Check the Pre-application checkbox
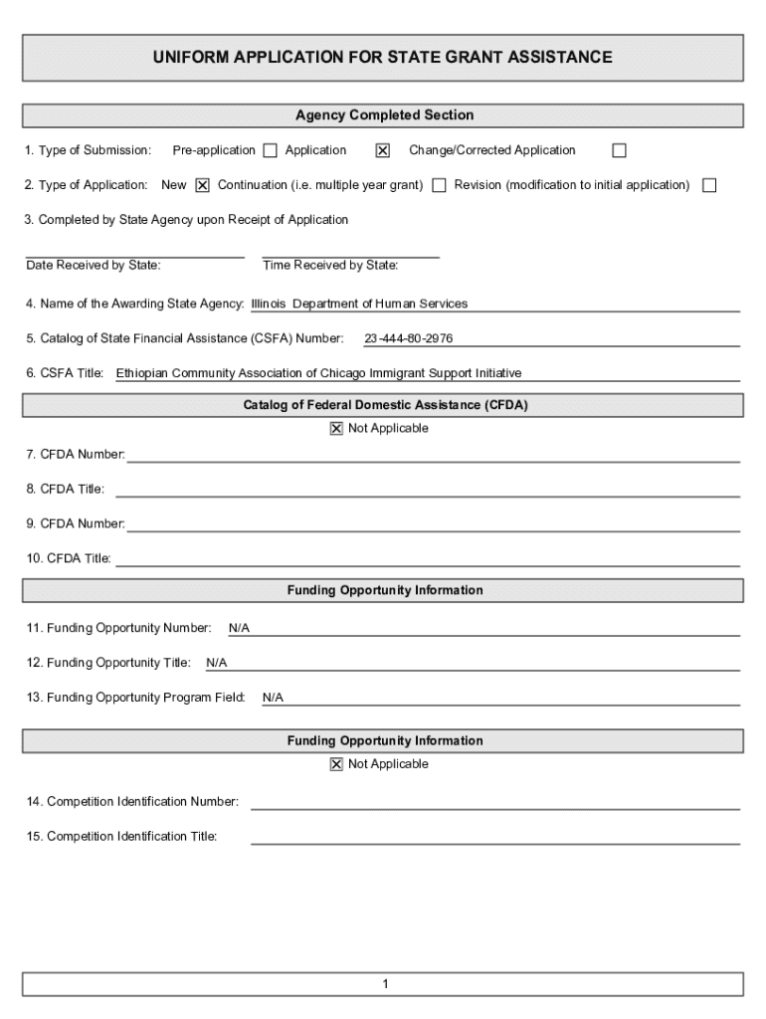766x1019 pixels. [x=270, y=151]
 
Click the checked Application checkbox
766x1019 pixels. [x=382, y=151]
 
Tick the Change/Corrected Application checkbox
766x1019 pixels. [x=619, y=151]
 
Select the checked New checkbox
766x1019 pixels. [x=202, y=185]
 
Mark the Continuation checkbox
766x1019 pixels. [x=439, y=185]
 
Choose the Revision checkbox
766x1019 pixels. [x=709, y=185]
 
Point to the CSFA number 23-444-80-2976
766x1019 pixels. [x=408, y=339]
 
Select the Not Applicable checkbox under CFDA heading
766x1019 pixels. [x=336, y=429]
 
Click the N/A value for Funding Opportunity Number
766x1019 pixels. [x=239, y=629]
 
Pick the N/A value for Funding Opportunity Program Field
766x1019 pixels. [x=273, y=699]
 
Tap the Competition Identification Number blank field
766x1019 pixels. [x=494, y=802]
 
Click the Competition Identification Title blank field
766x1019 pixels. [x=494, y=837]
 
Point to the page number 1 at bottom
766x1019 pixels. [x=384, y=985]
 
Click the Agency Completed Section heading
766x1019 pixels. [x=384, y=115]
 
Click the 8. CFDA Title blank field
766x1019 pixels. [x=428, y=490]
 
